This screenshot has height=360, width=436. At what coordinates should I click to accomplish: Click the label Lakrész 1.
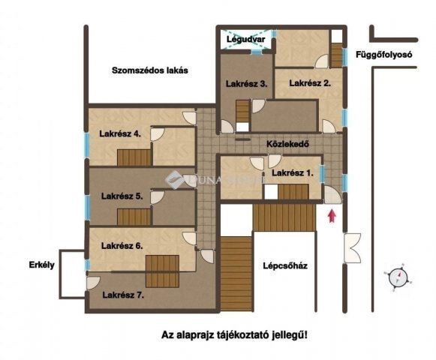click(293, 173)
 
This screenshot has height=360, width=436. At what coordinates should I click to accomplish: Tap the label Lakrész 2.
click(310, 83)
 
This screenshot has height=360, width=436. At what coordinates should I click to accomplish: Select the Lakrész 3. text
click(247, 84)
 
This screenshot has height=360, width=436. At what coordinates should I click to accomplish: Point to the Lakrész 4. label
click(120, 136)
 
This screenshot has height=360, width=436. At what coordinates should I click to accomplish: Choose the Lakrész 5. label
click(122, 196)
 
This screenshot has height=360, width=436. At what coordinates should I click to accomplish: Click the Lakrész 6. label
click(122, 245)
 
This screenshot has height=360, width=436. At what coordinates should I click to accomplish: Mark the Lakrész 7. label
click(123, 295)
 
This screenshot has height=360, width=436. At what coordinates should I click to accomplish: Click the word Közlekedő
click(288, 143)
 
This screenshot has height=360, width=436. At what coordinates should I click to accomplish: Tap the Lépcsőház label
click(286, 265)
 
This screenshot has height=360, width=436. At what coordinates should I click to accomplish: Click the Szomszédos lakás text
click(149, 71)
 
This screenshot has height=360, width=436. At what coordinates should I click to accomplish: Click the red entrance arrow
click(331, 217)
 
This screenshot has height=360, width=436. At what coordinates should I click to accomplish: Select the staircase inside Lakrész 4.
click(136, 157)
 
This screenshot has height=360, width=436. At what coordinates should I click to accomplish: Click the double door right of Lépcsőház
click(352, 248)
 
